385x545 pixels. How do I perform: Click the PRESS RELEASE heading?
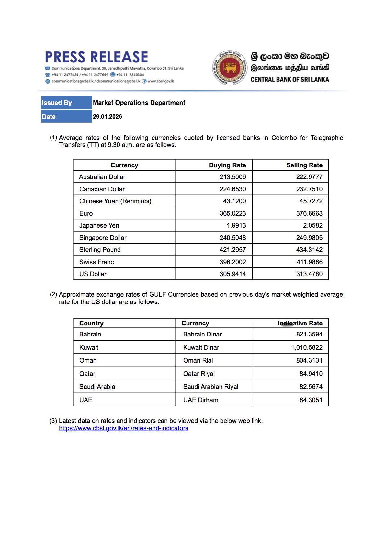(96, 57)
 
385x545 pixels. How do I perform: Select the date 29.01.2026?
(108, 117)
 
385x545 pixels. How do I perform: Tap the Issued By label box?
(66, 103)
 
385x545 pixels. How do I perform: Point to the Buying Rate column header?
(227, 165)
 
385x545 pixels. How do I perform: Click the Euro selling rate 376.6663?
(309, 213)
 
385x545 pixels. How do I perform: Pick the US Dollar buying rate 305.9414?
(232, 274)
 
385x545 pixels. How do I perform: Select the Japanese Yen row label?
(99, 225)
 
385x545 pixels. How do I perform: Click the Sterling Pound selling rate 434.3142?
(309, 250)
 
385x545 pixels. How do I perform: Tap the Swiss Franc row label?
(96, 262)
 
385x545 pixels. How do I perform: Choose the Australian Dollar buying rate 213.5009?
(232, 177)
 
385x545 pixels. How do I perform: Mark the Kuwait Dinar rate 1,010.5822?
(307, 347)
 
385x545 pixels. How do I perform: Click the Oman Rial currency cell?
(198, 360)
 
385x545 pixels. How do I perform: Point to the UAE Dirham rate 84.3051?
(311, 400)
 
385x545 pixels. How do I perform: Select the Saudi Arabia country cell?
(97, 387)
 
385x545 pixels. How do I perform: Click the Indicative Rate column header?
(300, 323)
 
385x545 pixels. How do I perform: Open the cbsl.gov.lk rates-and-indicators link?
(123, 428)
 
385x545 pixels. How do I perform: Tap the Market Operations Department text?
(139, 103)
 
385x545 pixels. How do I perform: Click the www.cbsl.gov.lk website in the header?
(161, 81)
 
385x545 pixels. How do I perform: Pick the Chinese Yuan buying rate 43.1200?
(234, 201)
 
